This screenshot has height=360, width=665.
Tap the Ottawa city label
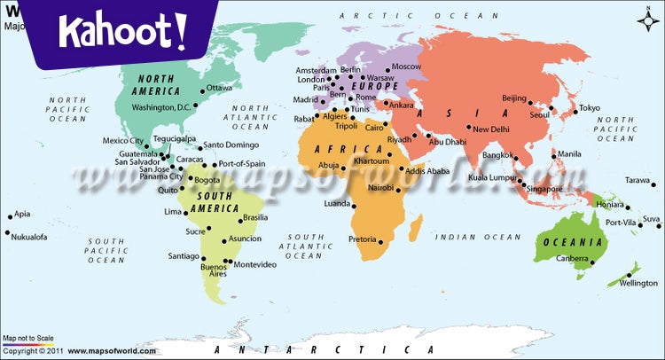coord(219,88)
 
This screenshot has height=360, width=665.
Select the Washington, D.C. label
coord(160,107)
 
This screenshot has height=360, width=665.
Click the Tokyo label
coord(590,108)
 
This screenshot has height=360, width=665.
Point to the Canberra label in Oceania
coord(572,259)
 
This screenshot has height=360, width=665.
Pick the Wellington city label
coord(638,283)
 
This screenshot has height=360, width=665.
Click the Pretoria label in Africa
coord(363,239)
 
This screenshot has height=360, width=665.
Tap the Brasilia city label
coord(255,217)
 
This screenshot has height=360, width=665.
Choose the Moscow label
coord(406,67)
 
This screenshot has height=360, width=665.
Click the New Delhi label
coord(491,129)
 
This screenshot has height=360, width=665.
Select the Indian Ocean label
coord(478,237)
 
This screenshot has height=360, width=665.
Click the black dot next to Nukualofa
coord(8,233)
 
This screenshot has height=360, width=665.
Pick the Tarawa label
coord(638,180)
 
